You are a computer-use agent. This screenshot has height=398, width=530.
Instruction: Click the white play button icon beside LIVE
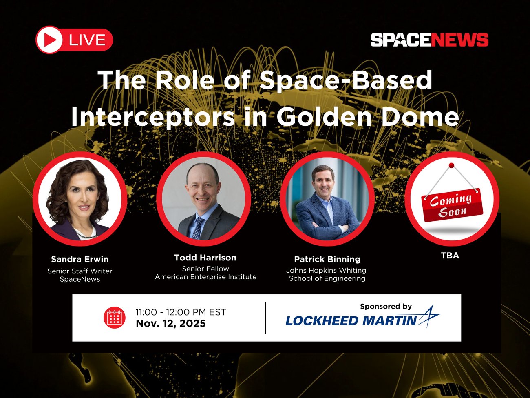[x=49, y=40]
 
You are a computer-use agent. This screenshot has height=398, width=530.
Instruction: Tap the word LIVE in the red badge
[x=87, y=40]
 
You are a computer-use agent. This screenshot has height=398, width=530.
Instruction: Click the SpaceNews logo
[x=429, y=40]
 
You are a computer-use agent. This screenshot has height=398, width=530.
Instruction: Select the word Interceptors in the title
[x=153, y=117]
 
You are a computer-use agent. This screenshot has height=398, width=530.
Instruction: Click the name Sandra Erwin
[x=80, y=259]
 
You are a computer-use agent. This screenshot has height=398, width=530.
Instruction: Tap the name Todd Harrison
[x=205, y=258]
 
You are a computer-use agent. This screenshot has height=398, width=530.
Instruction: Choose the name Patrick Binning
[x=327, y=259]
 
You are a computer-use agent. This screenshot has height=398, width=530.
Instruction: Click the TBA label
[x=450, y=256]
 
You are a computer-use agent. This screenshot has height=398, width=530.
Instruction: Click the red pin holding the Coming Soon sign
[x=451, y=166]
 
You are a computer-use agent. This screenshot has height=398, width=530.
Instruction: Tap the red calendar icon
[x=114, y=318]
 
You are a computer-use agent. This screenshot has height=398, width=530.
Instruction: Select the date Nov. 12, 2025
[x=171, y=324]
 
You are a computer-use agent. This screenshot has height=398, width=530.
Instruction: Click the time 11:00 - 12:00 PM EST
[x=181, y=312]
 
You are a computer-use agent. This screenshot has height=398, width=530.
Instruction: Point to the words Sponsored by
[x=386, y=306]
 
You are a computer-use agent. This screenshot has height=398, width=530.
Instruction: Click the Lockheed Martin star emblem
[x=428, y=316]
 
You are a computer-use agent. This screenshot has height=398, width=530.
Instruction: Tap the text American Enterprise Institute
[x=205, y=277]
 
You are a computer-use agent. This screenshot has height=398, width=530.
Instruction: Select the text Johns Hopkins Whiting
[x=326, y=270]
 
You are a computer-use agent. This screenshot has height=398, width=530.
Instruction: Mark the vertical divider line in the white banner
[x=265, y=318]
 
